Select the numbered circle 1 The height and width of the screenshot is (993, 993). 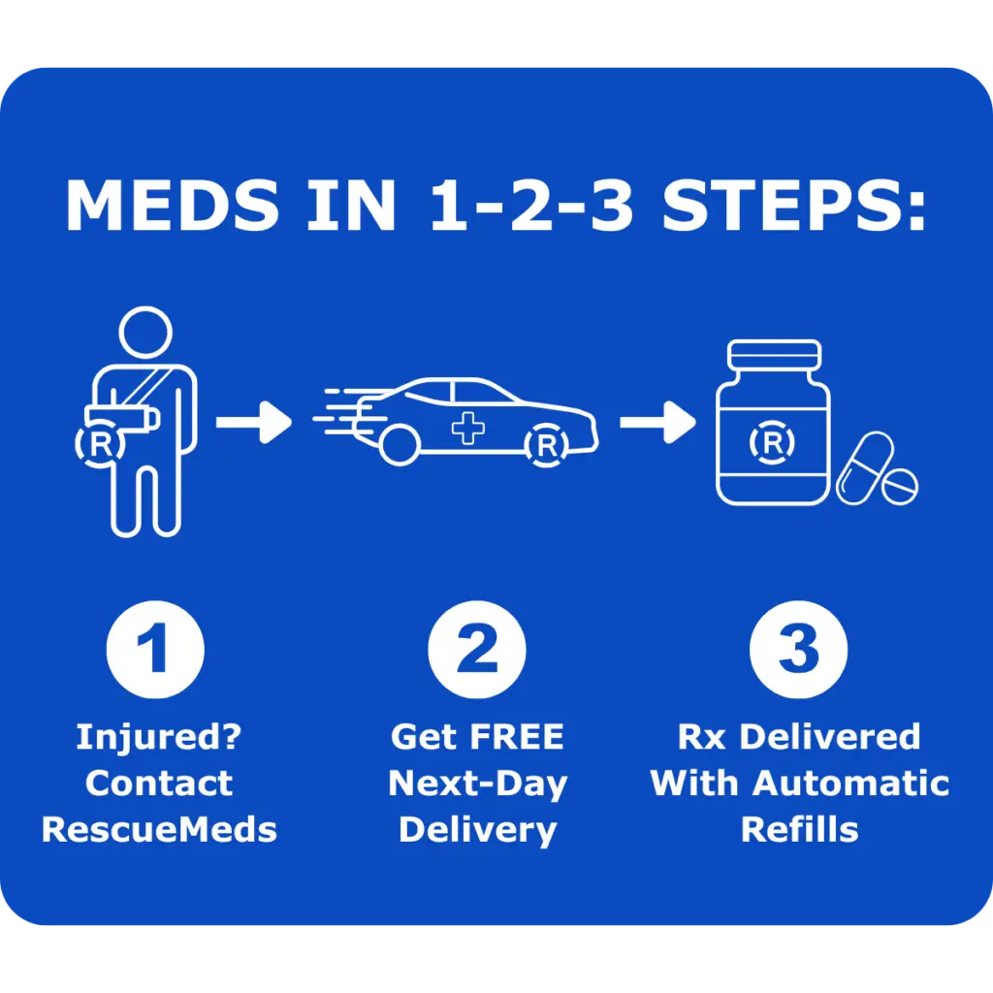coord(155,651)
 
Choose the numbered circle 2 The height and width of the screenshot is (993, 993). coord(477,651)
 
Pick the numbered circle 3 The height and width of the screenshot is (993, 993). coord(799,651)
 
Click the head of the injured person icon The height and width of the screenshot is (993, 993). coord(144,333)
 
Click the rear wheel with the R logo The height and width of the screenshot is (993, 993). coord(547,445)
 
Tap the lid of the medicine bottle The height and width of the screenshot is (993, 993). coord(773,356)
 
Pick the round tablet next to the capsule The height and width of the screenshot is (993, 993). coord(899,485)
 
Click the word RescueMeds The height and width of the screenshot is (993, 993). coord(159,829)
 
